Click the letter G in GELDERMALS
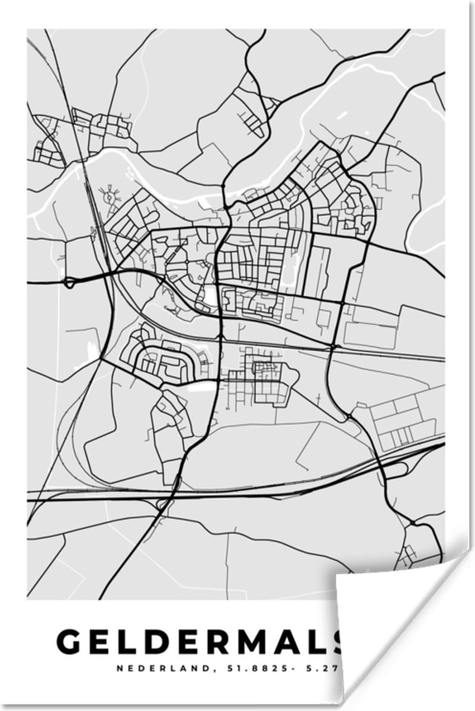70,642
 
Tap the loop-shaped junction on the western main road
70,282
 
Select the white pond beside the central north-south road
208,293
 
